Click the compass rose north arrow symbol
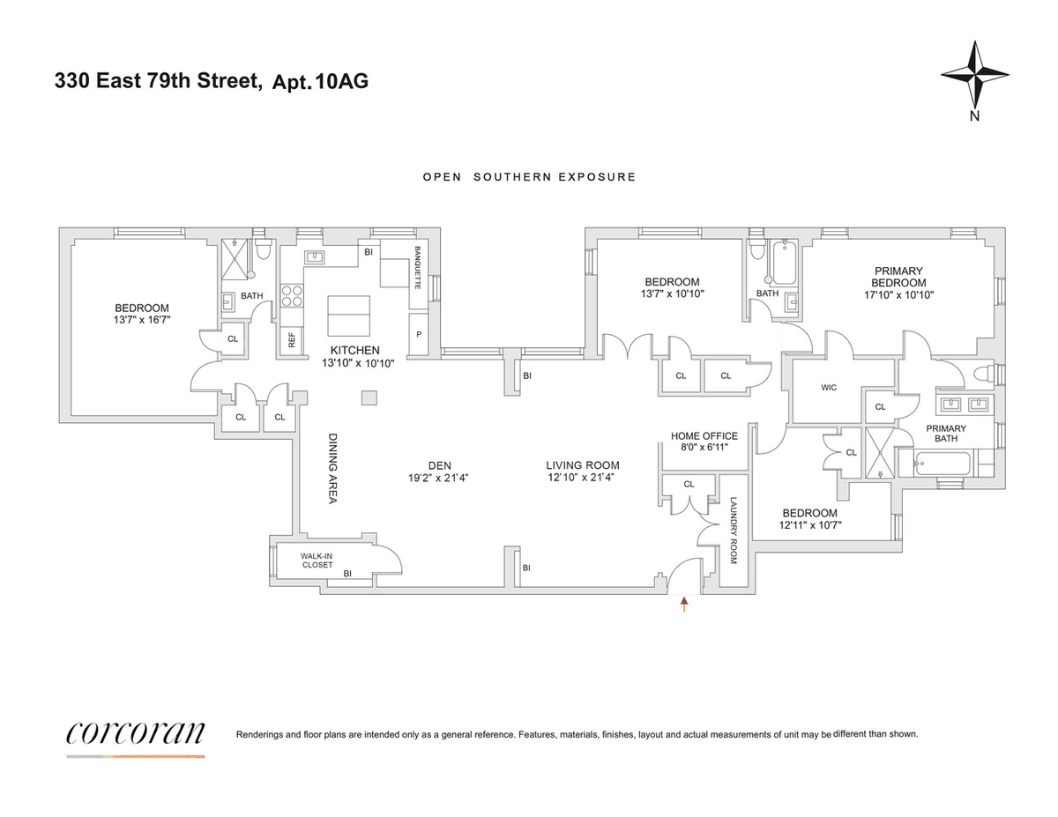coord(974,76)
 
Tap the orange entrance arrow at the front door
coord(684,604)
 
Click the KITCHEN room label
coord(355,351)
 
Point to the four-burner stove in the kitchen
coord(292,296)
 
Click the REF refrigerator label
coord(292,340)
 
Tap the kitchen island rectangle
coord(348,316)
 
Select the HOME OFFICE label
coord(704,436)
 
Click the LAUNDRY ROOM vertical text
coord(734,531)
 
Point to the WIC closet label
coord(829,388)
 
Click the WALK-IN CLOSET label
coord(317,560)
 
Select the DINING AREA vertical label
coord(333,469)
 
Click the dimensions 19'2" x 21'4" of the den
coord(438,478)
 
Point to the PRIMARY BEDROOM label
coord(898,277)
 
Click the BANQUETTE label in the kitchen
coord(417,268)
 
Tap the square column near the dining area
coord(369,397)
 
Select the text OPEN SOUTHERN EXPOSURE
coord(529,177)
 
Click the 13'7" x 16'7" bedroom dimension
coord(142,320)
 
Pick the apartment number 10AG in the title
coord(342,81)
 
